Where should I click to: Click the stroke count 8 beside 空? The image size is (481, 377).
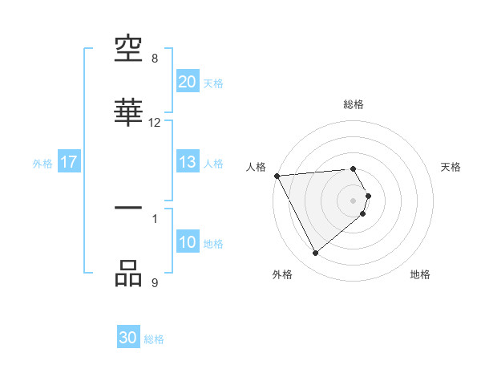click(x=155, y=59)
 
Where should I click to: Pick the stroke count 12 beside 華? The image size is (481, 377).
click(x=155, y=122)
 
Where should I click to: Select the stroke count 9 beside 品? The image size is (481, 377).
click(x=155, y=282)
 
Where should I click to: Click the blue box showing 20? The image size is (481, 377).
click(x=187, y=82)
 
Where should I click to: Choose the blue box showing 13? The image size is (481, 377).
click(x=187, y=162)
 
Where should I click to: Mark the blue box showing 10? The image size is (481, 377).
click(x=187, y=242)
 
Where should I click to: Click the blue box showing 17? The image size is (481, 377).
click(x=69, y=162)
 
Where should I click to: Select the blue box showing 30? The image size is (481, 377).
click(x=128, y=338)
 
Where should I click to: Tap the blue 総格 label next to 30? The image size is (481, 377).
click(x=154, y=339)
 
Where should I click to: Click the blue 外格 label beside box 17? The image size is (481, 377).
click(x=42, y=163)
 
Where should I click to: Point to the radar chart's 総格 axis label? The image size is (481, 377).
click(x=353, y=104)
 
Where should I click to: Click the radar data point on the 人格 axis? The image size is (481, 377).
click(x=277, y=175)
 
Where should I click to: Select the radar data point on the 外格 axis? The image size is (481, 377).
click(x=315, y=253)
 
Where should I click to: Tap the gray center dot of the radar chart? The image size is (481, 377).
click(x=353, y=200)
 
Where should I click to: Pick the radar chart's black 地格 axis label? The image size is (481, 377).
click(x=420, y=274)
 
